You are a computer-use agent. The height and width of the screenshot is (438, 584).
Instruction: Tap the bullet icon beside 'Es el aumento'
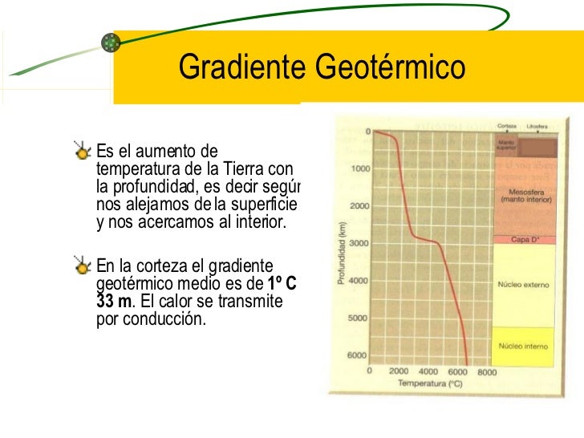click(82, 149)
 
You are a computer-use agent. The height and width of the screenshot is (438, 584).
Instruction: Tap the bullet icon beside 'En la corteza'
click(82, 264)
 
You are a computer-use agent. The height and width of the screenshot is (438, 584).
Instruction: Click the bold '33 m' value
click(110, 300)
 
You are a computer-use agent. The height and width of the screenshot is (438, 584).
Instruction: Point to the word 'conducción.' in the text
click(167, 318)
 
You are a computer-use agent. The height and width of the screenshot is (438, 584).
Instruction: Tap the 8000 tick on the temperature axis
click(486, 371)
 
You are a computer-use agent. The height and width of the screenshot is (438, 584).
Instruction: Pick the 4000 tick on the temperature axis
click(428, 371)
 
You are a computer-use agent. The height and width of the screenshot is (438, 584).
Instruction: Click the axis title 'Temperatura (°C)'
click(430, 383)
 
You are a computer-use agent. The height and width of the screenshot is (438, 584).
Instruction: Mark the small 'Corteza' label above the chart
click(506, 127)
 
